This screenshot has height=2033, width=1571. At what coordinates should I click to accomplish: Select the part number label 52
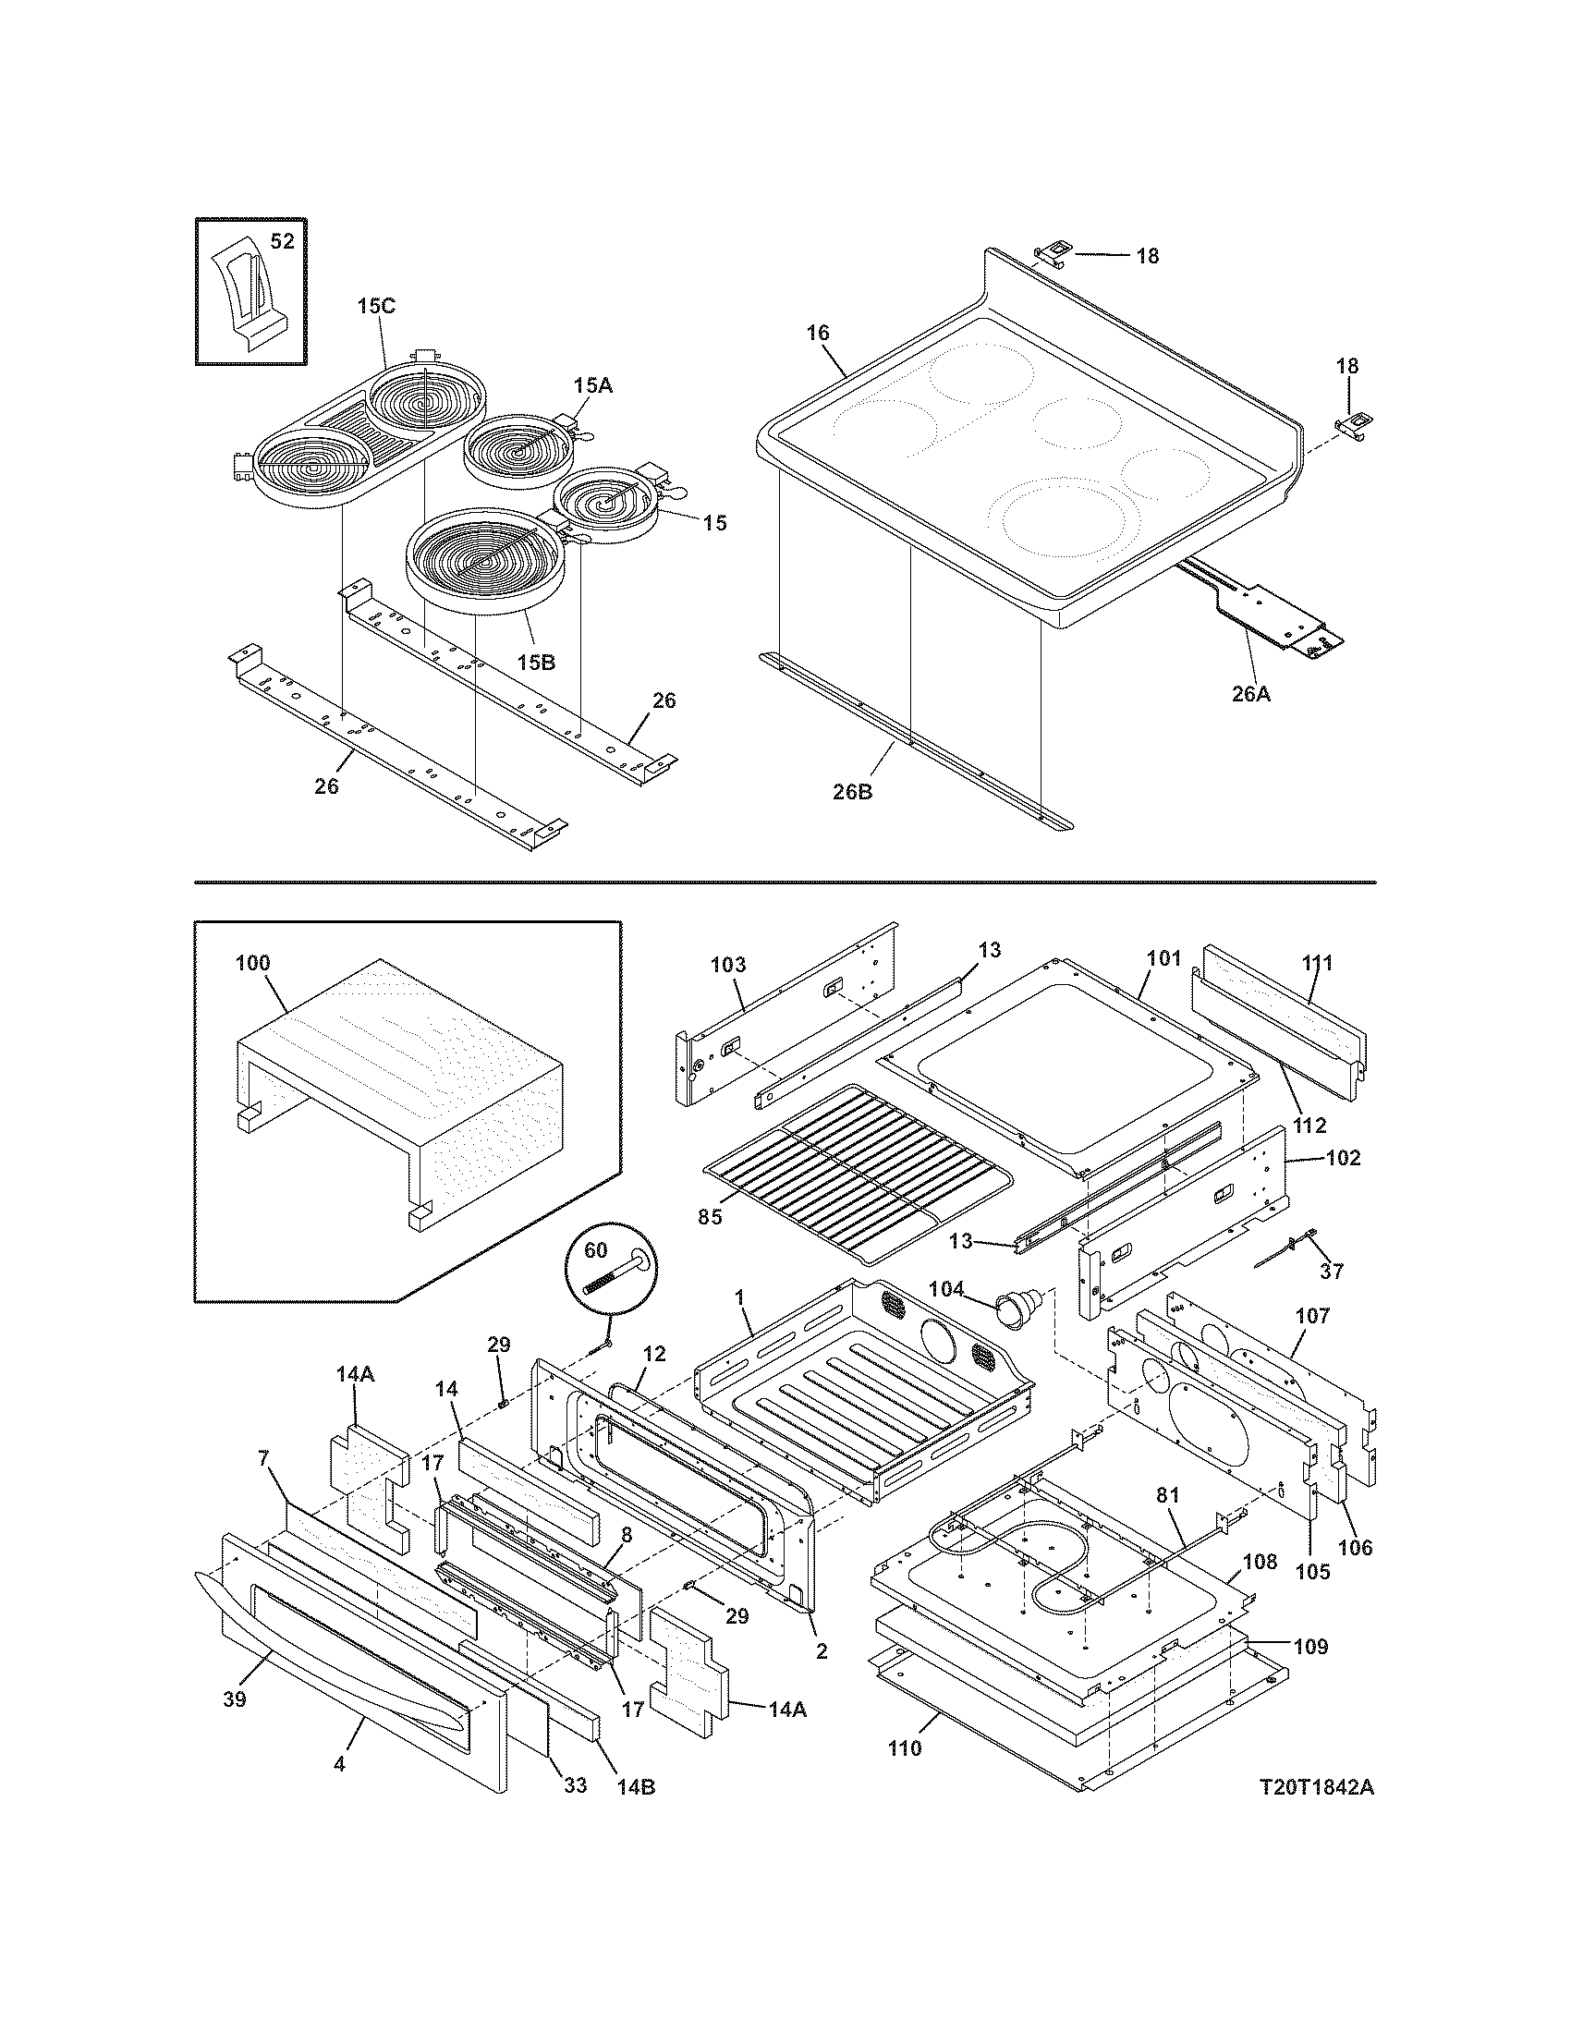point(282,241)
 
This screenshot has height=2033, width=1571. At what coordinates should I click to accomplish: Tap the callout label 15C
point(376,306)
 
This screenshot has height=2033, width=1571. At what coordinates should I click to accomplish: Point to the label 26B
point(853,793)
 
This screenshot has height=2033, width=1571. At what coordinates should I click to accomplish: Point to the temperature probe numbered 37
point(1291,1247)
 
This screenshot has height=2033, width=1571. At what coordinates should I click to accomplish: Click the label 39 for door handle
point(234,1699)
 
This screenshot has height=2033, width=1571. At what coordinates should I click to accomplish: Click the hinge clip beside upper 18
point(1053,251)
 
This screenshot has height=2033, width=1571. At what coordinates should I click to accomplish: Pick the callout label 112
point(1309,1126)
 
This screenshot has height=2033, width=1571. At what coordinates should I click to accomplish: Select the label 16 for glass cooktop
point(817,334)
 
